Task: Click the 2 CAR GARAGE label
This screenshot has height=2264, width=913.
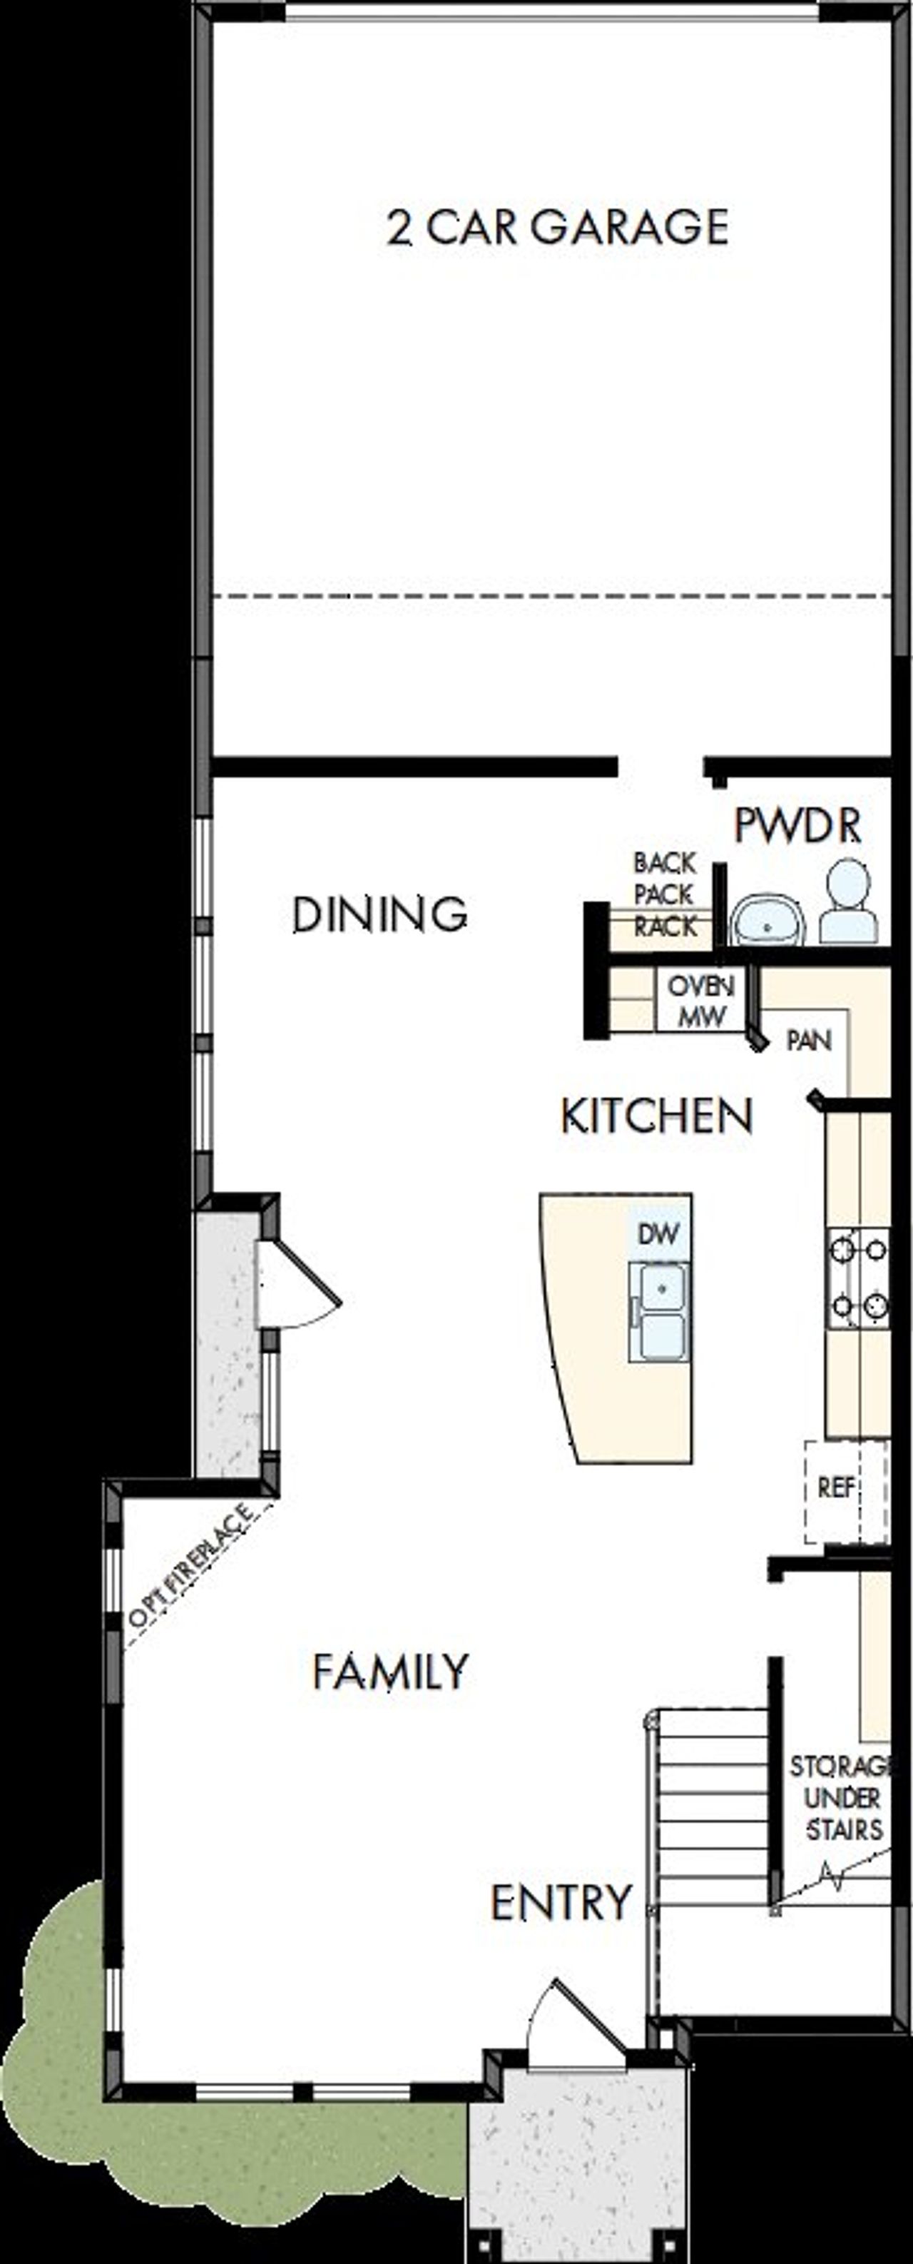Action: (558, 228)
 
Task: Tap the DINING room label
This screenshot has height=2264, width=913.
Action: (379, 914)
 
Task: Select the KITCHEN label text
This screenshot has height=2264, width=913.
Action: (656, 1116)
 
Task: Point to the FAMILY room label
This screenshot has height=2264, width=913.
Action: (390, 1671)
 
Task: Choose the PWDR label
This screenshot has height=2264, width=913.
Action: (797, 826)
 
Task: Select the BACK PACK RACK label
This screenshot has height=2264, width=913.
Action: (665, 895)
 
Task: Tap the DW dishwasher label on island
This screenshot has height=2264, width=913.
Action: (658, 1234)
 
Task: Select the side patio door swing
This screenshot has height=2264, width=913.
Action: (295, 1283)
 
